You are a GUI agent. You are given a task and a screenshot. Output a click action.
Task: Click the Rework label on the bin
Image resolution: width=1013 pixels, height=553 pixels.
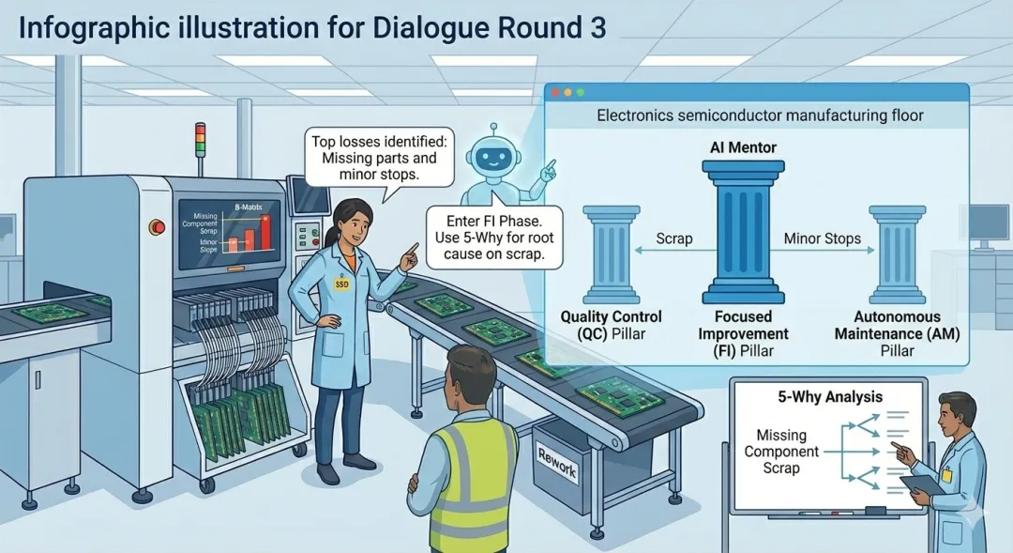tap(556, 462)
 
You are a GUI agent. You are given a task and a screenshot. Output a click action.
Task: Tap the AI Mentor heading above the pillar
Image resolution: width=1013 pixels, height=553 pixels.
tap(744, 148)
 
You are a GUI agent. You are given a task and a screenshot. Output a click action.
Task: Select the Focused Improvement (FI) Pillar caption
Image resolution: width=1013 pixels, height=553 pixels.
tap(744, 333)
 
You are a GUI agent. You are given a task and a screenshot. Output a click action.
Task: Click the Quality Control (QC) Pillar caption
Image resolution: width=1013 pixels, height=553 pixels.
tap(611, 325)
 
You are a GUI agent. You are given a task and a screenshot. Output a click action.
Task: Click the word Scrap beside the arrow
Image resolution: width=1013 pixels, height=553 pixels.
tap(674, 238)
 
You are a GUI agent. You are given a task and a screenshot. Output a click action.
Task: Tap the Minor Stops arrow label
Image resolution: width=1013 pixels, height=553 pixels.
tap(822, 238)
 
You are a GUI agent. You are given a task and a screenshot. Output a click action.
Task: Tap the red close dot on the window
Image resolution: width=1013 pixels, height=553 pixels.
tap(555, 92)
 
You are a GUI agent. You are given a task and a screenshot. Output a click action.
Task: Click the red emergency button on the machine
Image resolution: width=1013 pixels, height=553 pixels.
tap(156, 225)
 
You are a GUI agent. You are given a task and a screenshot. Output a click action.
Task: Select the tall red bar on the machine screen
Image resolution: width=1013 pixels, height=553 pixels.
tap(265, 231)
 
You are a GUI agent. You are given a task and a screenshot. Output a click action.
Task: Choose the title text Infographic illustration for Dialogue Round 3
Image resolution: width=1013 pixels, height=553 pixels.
tap(311, 27)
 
